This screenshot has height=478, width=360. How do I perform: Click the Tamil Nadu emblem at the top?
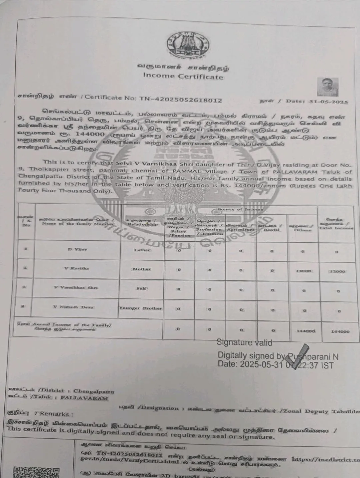pyautogui.click(x=188, y=46)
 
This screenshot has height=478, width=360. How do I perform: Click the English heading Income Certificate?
pyautogui.click(x=183, y=76)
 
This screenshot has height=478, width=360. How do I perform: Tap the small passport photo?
pyautogui.click(x=327, y=87)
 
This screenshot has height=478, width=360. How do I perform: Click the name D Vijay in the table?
pyautogui.click(x=78, y=249)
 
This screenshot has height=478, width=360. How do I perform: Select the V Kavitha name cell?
pyautogui.click(x=77, y=268)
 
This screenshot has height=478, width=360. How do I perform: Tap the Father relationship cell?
pyautogui.click(x=142, y=250)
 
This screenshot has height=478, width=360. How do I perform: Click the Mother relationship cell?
pyautogui.click(x=142, y=269)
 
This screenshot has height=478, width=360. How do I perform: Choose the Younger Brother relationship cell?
pyautogui.click(x=141, y=308)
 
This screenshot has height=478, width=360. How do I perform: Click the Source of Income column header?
pyautogui.click(x=240, y=209)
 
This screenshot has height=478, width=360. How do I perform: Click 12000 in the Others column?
pyautogui.click(x=303, y=271)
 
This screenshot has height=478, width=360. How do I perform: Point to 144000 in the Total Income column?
pyautogui.click(x=340, y=331)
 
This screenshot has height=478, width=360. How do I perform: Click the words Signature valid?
pyautogui.click(x=244, y=342)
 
